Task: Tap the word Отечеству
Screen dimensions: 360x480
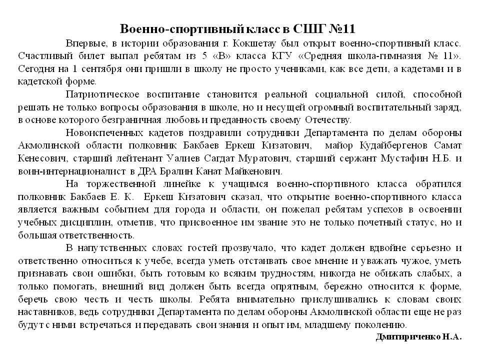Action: click(x=327, y=119)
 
